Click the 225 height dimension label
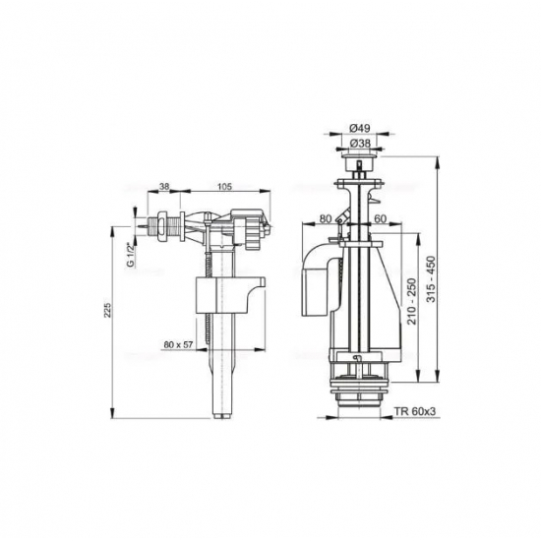109,314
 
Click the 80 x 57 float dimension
184,344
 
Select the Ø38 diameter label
360,142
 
